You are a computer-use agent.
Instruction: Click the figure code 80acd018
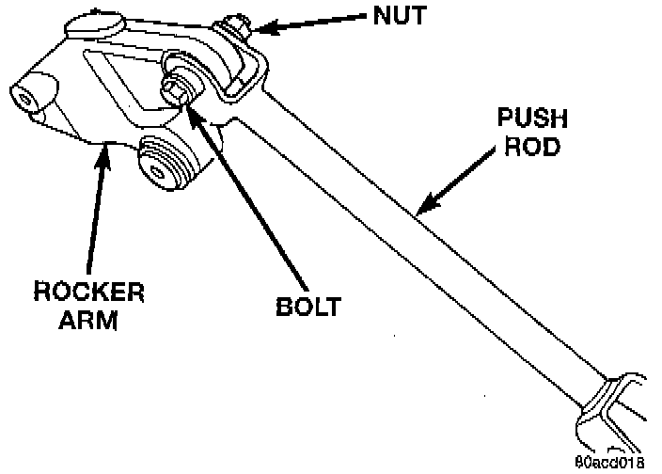[612, 463]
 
